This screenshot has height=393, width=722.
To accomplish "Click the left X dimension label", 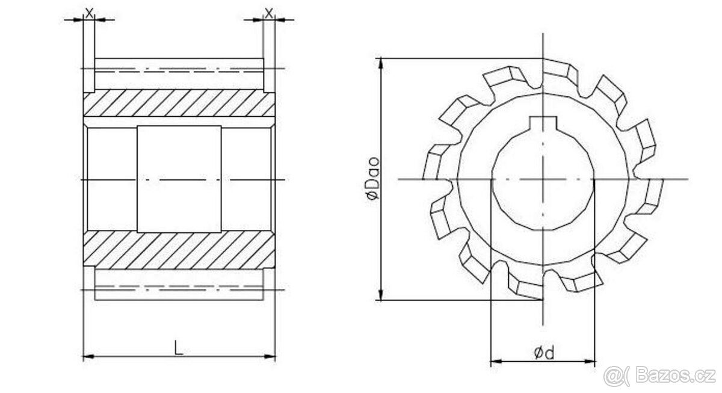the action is [x=89, y=13].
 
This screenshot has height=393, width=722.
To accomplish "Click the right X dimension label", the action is [x=269, y=13].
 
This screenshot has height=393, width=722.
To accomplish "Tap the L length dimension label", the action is [x=179, y=348].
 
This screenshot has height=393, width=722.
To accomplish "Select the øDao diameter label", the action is [x=373, y=178].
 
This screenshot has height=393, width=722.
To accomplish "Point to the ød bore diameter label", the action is [x=544, y=353].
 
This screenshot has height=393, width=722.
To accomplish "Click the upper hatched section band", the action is [x=179, y=103].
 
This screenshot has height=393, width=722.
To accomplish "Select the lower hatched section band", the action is [x=179, y=250].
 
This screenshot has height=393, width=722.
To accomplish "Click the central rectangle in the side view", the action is [x=179, y=179].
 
